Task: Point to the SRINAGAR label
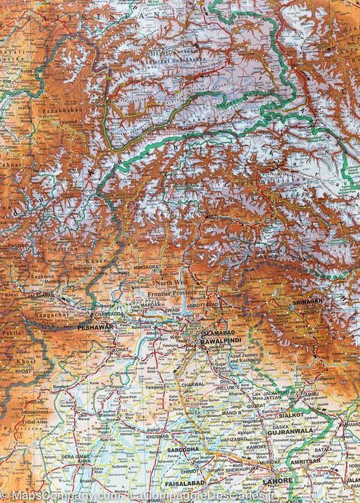307,302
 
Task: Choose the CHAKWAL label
212,384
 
